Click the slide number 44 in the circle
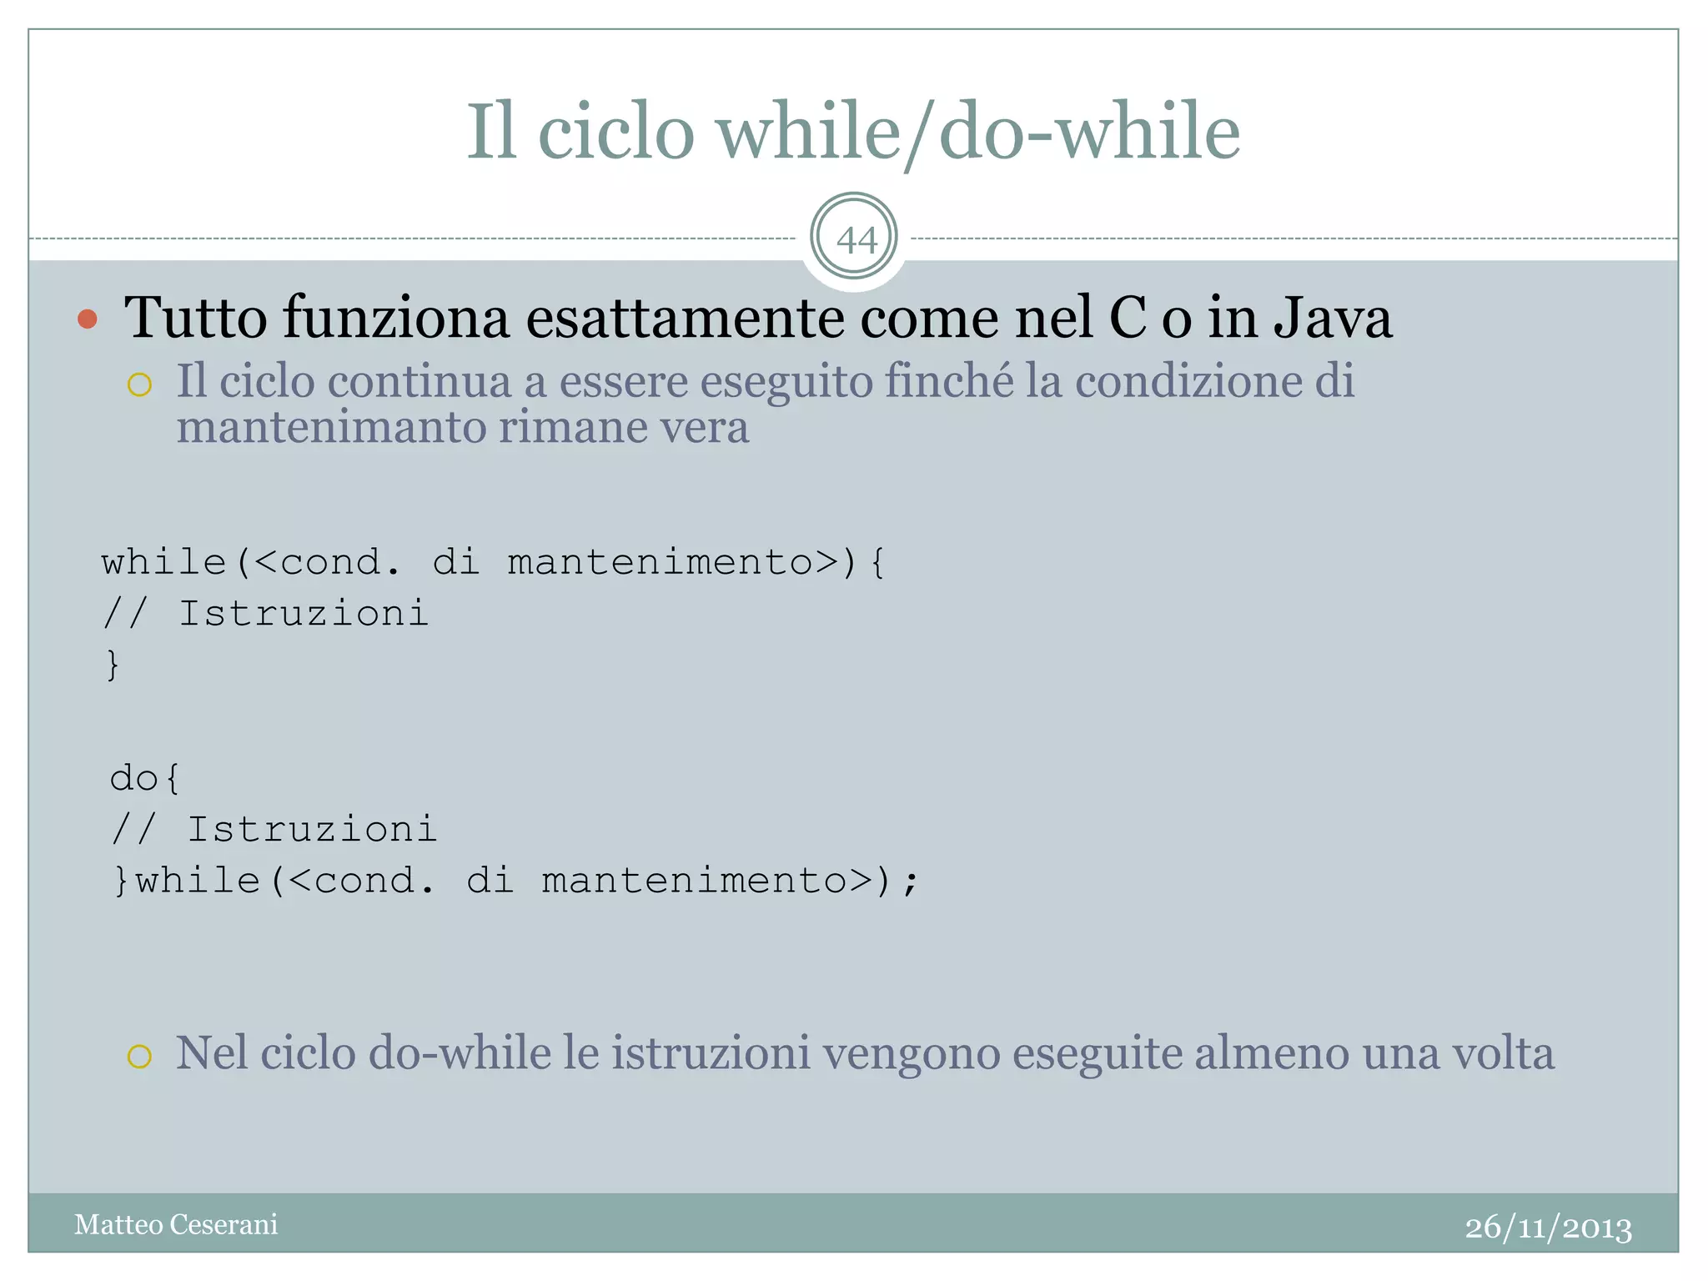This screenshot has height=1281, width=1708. [x=856, y=240]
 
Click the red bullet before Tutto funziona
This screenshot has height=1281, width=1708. [x=88, y=319]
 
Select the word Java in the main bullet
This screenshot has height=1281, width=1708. [x=1332, y=318]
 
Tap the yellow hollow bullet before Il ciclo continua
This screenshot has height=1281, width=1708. [x=139, y=384]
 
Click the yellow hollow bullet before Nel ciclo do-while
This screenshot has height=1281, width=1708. [x=139, y=1056]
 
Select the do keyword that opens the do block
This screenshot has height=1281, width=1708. [x=133, y=778]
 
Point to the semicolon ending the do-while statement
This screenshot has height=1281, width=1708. [x=911, y=882]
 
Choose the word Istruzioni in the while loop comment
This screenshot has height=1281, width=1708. [x=304, y=614]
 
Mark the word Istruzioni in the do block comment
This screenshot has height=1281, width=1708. [x=312, y=830]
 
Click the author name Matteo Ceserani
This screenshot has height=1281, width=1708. [x=176, y=1224]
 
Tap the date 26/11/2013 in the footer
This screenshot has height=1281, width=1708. [x=1548, y=1227]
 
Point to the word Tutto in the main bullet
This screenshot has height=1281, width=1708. [x=195, y=318]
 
